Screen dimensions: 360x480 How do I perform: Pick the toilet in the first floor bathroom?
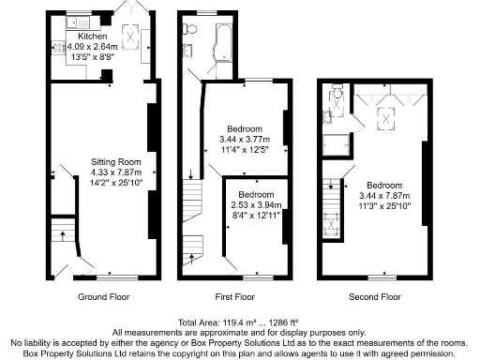189,29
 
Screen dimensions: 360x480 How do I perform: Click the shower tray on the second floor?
335,142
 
